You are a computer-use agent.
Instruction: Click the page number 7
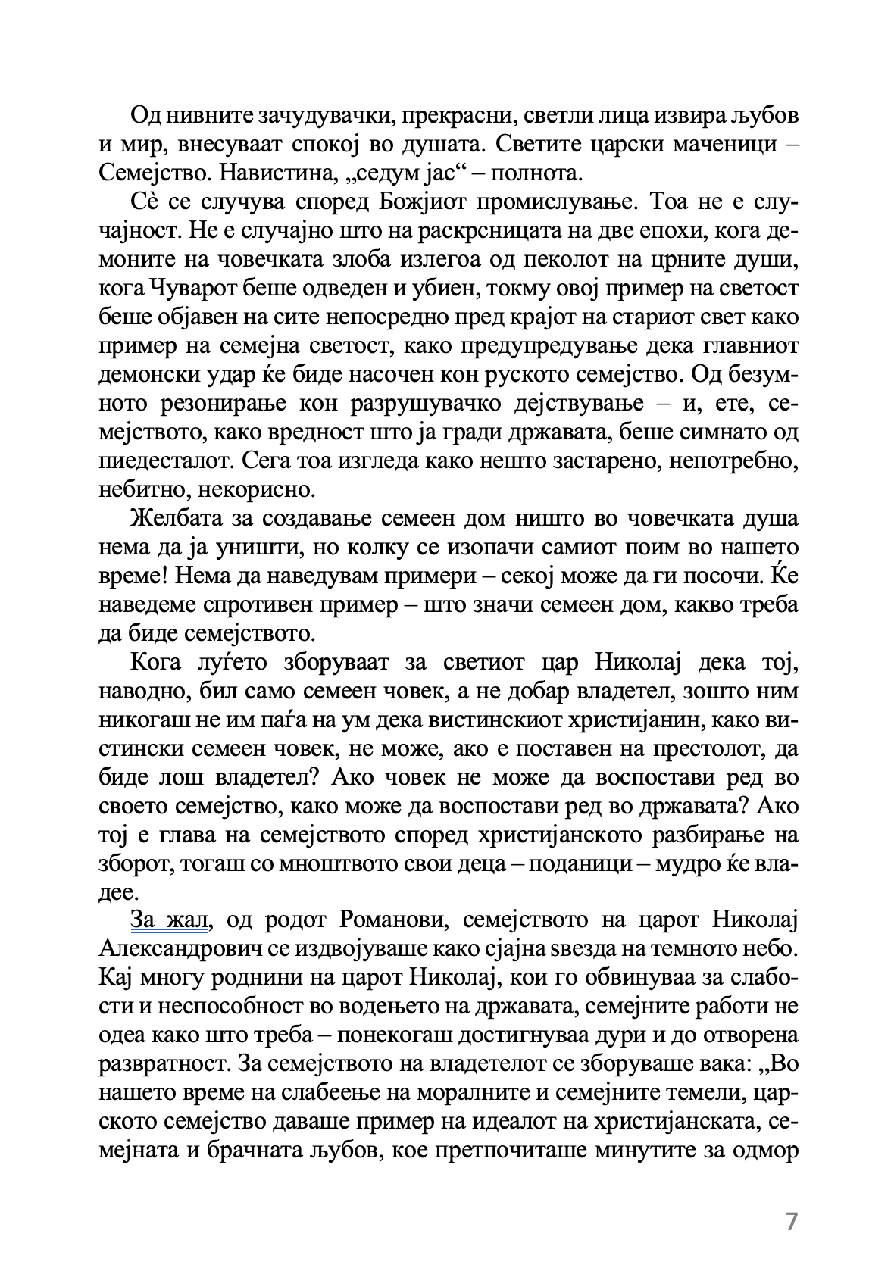click(792, 1222)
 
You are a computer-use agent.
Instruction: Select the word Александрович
click(174, 948)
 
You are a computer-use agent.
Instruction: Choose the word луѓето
click(225, 662)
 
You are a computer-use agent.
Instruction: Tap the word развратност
click(164, 1063)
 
